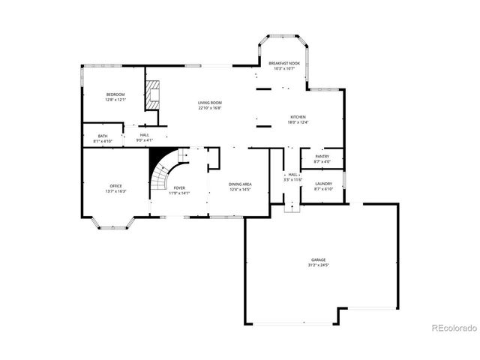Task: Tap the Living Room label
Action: pos(209,102)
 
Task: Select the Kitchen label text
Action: pos(298,116)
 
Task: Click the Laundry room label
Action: pos(323,184)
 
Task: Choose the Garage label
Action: pos(319,260)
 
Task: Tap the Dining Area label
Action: pos(240,184)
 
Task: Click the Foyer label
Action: pos(179,187)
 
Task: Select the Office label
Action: pos(115,186)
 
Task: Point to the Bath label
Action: pos(103,136)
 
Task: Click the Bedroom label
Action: pos(115,94)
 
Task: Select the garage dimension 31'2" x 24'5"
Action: pos(319,265)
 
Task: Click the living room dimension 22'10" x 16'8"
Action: pos(209,107)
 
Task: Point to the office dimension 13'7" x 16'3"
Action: pos(115,191)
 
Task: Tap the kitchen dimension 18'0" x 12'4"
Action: pos(298,121)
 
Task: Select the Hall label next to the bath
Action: pos(144,135)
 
